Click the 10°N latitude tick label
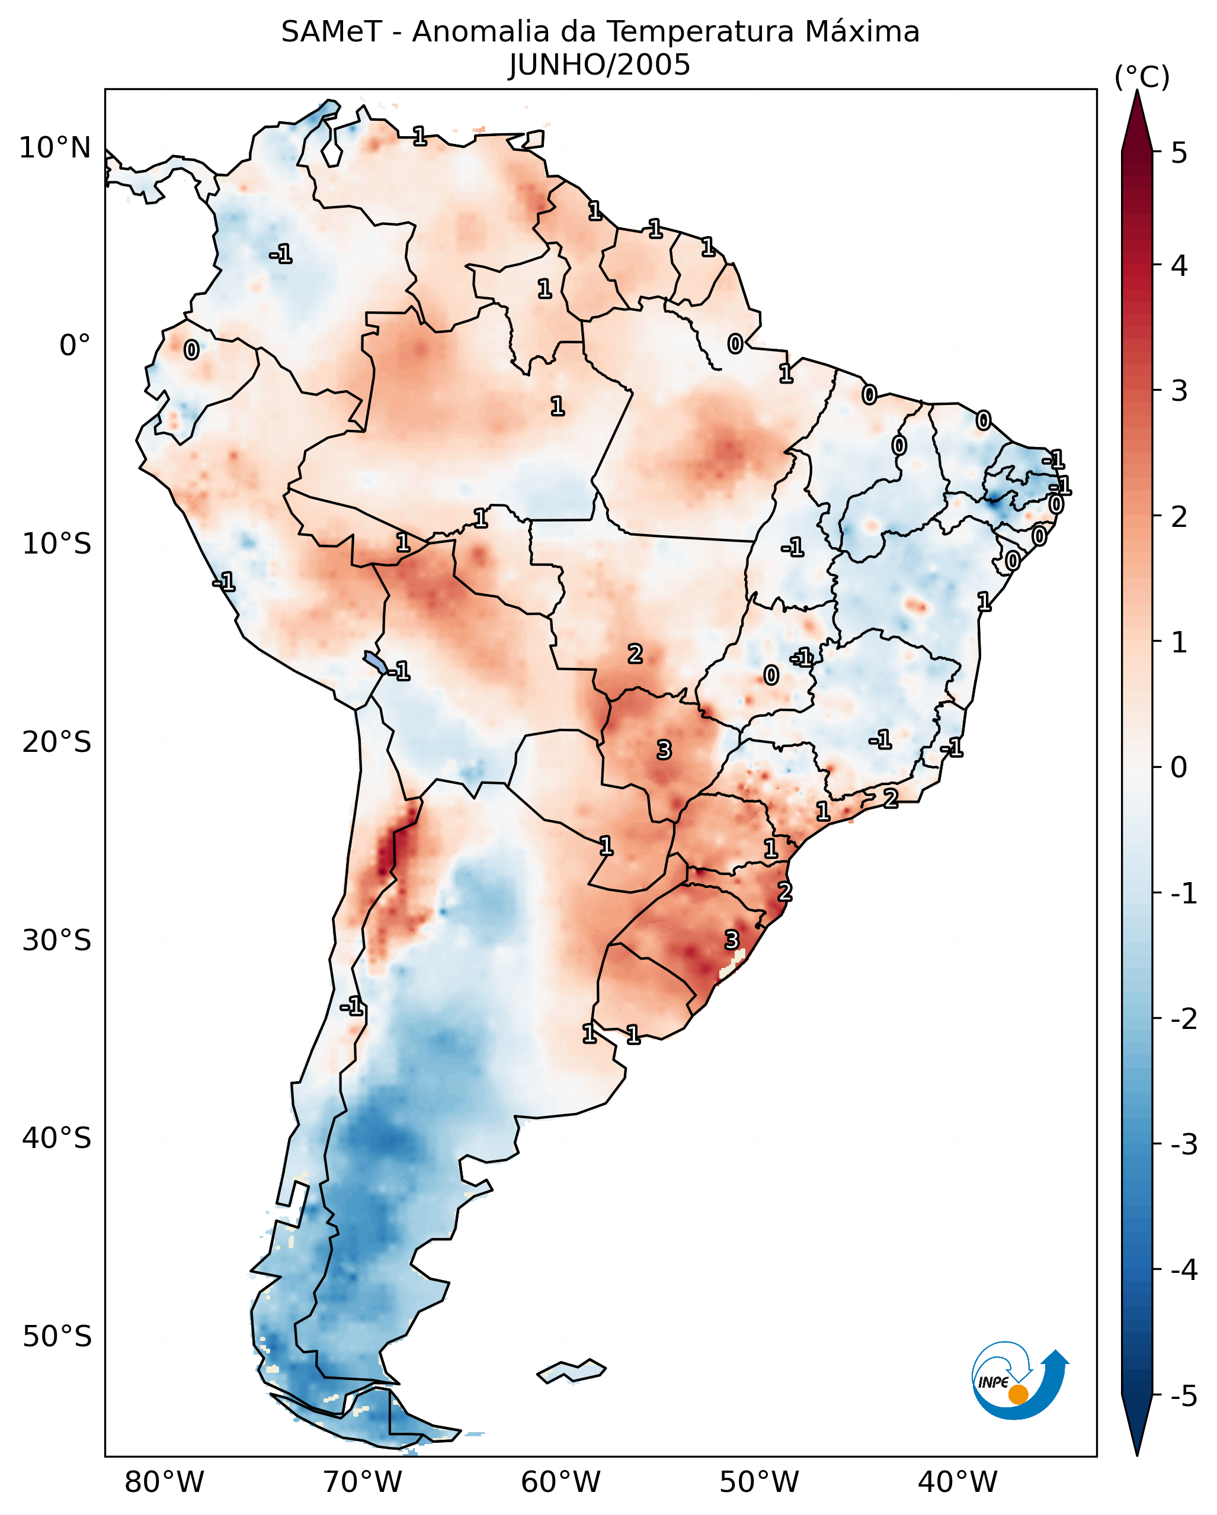click(x=55, y=148)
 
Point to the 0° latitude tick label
click(x=75, y=346)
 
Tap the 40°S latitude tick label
click(x=56, y=1138)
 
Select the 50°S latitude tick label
click(x=56, y=1336)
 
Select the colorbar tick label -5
click(x=1183, y=1396)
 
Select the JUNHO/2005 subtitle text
click(x=600, y=65)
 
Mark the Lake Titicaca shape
click(x=374, y=661)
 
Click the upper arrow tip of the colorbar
click(x=1137, y=95)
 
